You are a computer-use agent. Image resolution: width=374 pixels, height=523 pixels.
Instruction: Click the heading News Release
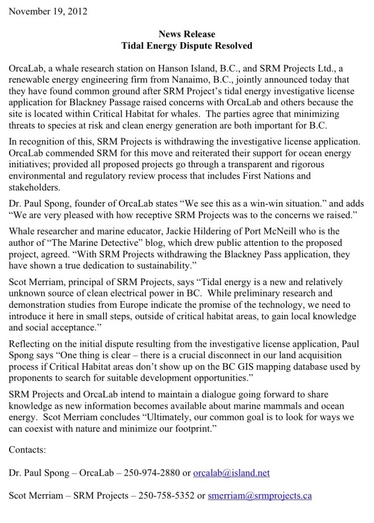click(x=187, y=34)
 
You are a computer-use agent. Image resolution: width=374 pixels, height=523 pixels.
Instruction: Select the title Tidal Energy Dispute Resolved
click(x=187, y=45)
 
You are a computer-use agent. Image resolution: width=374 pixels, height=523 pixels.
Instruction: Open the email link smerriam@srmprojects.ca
click(x=260, y=495)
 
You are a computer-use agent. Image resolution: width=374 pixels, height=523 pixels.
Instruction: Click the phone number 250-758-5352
click(x=168, y=495)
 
